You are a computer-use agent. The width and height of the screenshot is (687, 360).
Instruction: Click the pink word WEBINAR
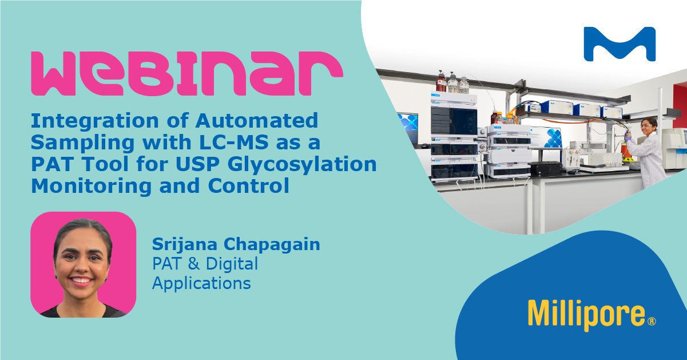(187, 74)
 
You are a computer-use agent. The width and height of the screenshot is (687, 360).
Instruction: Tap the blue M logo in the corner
(620, 45)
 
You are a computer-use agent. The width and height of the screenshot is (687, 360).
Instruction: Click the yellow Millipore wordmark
(586, 315)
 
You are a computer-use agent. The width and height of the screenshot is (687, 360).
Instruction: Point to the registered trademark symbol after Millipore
(652, 321)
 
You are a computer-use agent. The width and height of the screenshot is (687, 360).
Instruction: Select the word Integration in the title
(95, 121)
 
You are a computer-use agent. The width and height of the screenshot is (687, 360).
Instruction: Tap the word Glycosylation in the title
(302, 165)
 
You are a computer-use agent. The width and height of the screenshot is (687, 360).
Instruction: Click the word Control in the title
(249, 185)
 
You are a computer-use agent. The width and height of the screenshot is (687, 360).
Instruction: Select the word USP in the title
(198, 164)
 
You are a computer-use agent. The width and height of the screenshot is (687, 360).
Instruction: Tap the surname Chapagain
(272, 245)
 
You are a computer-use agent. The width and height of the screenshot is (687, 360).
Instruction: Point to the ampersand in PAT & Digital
(194, 264)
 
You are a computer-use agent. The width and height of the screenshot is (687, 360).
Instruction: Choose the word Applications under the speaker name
(201, 283)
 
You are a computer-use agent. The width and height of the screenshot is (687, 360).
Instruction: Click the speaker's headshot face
(82, 261)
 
